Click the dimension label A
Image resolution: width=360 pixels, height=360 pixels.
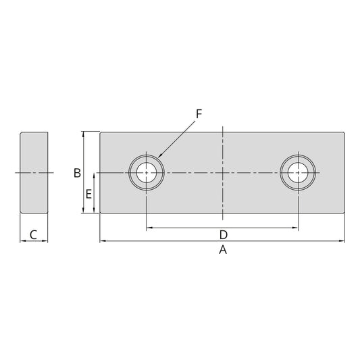[x=222, y=250]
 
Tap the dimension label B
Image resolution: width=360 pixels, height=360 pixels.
[x=78, y=173]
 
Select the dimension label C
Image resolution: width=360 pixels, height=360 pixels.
[x=34, y=235]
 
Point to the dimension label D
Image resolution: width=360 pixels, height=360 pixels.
[x=222, y=235]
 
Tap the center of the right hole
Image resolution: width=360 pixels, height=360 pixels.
[x=297, y=173]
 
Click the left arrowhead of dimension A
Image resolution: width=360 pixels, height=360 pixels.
[x=102, y=240]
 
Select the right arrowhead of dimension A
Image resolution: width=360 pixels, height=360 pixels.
[x=343, y=240]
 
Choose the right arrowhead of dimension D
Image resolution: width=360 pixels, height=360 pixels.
[x=295, y=228]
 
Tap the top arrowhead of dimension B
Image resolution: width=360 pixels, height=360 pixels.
[x=84, y=134]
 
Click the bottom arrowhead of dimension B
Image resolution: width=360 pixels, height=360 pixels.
[x=84, y=212]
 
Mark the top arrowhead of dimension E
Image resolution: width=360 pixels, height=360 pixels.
[x=94, y=176]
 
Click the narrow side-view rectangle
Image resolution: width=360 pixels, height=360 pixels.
[x=34, y=173]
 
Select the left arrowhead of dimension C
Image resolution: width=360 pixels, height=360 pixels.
[x=22, y=240]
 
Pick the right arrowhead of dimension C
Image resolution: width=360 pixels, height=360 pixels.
[x=46, y=240]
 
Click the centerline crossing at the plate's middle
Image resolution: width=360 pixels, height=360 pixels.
[x=222, y=173]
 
